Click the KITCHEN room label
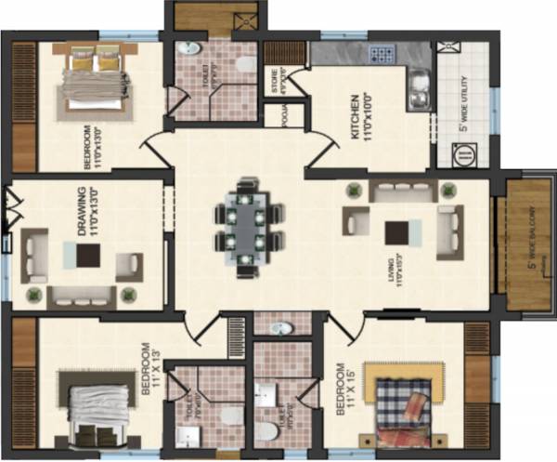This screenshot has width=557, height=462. (359, 119)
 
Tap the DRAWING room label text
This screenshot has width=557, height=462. (87, 212)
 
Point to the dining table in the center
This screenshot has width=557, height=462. (247, 227)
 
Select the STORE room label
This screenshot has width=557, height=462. (275, 80)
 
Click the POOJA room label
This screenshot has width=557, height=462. (276, 115)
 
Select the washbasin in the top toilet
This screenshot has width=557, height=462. (190, 49)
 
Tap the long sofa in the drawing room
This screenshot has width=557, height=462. (82, 297)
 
